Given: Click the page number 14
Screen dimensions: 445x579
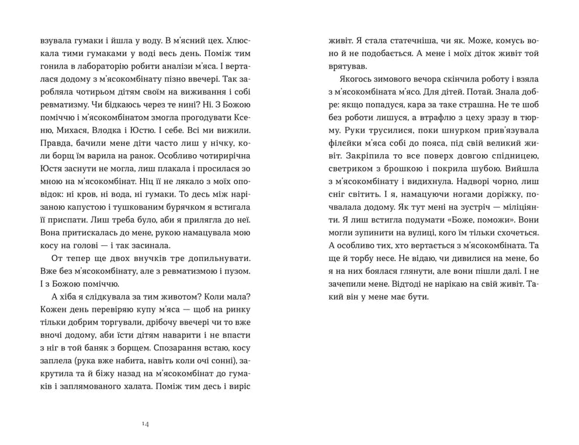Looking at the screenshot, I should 145,424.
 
